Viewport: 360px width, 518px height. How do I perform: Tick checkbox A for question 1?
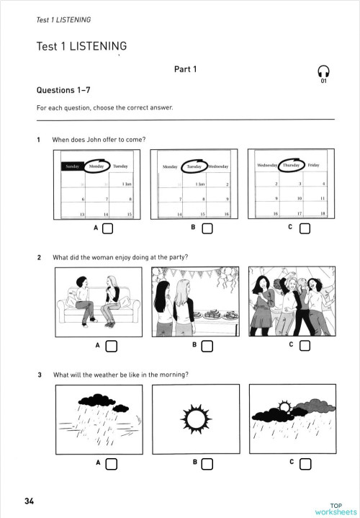pyautogui.click(x=108, y=230)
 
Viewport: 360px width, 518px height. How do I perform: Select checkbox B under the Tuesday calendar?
pyautogui.click(x=207, y=230)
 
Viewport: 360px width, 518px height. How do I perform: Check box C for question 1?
pyautogui.click(x=304, y=230)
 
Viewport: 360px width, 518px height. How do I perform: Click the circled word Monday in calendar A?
pyautogui.click(x=96, y=166)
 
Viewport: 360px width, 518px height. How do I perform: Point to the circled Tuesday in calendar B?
pyautogui.click(x=194, y=166)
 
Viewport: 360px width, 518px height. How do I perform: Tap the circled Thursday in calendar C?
pyautogui.click(x=291, y=166)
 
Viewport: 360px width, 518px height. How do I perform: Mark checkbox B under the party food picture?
pyautogui.click(x=207, y=347)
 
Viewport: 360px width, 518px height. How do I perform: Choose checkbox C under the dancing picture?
pyautogui.click(x=304, y=347)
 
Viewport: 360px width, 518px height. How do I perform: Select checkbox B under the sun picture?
pyautogui.click(x=207, y=463)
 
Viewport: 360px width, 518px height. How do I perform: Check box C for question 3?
pyautogui.click(x=304, y=463)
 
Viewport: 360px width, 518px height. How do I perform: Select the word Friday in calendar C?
pyautogui.click(x=313, y=166)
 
